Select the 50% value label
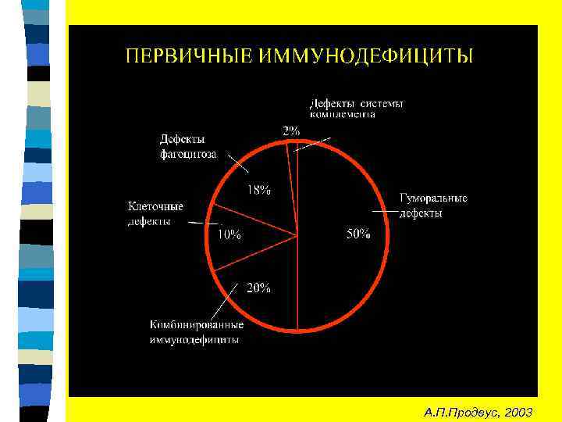(x=358, y=234)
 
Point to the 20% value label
(x=259, y=288)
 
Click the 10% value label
(x=229, y=234)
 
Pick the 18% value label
(x=259, y=190)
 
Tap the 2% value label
(x=290, y=131)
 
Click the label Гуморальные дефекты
(x=433, y=206)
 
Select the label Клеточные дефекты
(x=155, y=213)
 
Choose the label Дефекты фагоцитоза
(x=188, y=146)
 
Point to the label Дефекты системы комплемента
(x=357, y=108)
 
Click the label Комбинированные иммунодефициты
(x=197, y=332)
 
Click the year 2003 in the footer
(x=518, y=411)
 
